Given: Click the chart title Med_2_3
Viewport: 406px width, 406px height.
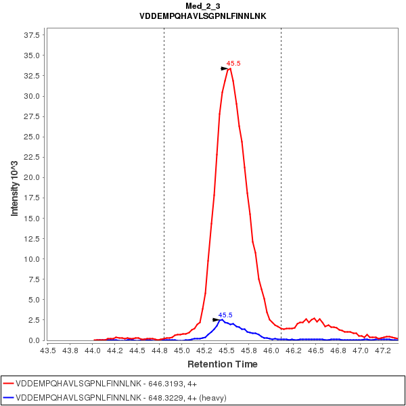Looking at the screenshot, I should coord(202,6).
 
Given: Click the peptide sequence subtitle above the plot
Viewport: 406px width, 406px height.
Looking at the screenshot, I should coord(202,16).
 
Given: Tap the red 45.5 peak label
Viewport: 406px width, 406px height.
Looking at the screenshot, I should coord(233,64).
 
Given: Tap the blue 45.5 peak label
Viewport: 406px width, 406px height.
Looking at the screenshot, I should coord(225,315).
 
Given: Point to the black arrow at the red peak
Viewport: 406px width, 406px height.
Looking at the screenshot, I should coord(225,68).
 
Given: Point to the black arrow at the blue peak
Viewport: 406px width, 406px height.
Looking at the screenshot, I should coord(217,319).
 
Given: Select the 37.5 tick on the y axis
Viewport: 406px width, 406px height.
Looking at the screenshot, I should coord(32,35).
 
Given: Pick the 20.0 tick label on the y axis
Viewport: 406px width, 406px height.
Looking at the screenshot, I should coord(32,177).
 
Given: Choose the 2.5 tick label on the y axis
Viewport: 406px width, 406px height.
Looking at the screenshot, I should coord(34,320).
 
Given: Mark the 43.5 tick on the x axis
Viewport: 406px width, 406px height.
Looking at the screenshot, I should coord(47,351).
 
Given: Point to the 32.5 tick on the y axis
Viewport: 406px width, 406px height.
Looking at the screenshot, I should coord(32,76).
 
